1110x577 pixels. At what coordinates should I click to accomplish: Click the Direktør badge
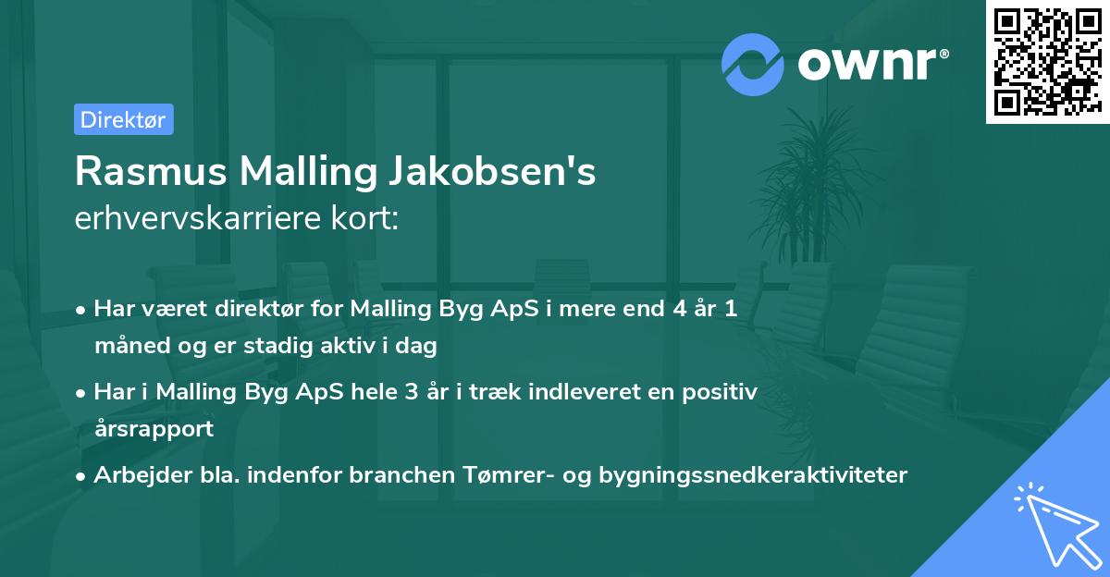click(x=123, y=119)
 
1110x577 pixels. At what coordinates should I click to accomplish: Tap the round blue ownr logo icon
click(x=753, y=64)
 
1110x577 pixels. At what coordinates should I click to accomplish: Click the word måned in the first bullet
click(x=126, y=347)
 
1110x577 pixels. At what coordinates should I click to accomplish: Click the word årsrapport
click(x=154, y=429)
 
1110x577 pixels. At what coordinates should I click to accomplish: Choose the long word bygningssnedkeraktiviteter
click(x=753, y=475)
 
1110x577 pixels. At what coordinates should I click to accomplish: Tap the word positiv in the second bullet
click(x=721, y=391)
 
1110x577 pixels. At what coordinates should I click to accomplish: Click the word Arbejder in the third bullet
click(x=134, y=475)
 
